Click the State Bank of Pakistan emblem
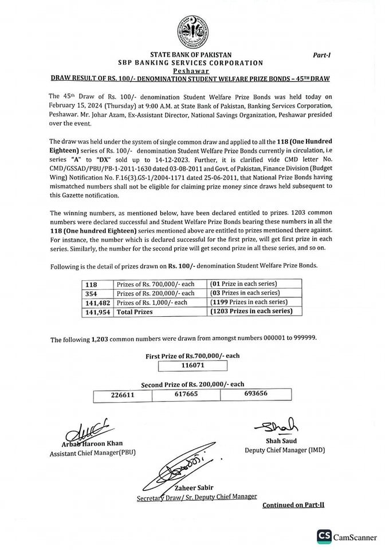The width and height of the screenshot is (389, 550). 193,30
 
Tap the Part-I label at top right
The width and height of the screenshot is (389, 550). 324,56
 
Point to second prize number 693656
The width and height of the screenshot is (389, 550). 256,394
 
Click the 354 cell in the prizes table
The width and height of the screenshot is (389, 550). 92,293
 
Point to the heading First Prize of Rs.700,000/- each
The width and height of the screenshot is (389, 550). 192,355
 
